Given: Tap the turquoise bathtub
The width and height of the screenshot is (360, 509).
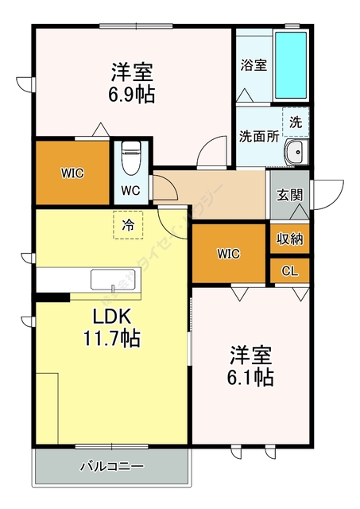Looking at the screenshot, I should click(x=291, y=67).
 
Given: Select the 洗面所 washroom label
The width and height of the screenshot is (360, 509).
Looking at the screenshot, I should click(x=258, y=135).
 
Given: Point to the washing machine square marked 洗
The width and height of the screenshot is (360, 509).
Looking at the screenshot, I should click(x=296, y=122).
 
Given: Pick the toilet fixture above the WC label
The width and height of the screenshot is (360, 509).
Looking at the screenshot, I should click(x=130, y=156).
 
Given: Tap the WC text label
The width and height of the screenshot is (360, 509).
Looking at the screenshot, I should click(x=130, y=191).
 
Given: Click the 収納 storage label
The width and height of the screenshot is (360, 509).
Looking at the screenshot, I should click(x=288, y=238).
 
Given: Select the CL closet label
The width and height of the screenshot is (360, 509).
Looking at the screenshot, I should click(x=289, y=271).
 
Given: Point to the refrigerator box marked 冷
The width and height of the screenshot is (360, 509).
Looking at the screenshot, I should click(x=127, y=224).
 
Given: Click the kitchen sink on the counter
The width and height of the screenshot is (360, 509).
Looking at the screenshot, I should click(x=114, y=280).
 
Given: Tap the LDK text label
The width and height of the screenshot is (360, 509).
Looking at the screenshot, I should click(x=112, y=317).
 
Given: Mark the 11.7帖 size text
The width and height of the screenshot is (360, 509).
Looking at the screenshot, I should click(x=112, y=340).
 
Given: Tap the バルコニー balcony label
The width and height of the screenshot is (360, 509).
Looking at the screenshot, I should click(x=111, y=466).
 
